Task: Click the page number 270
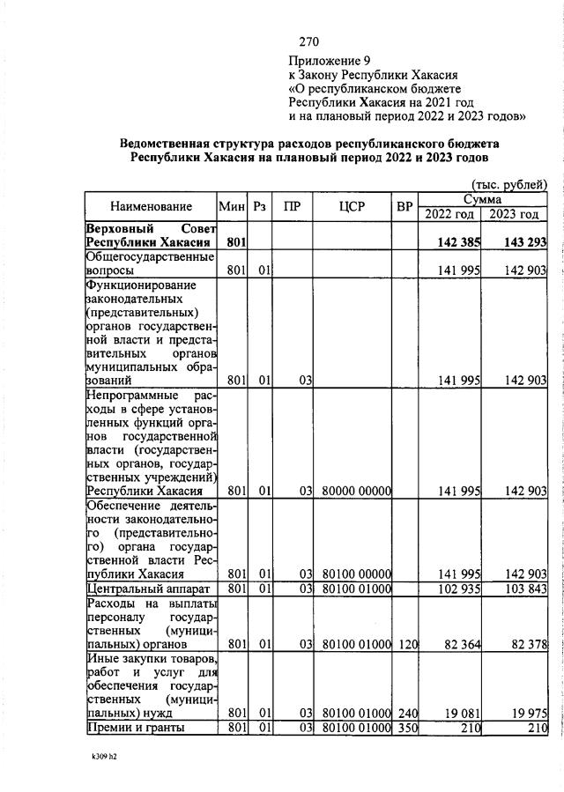(308, 41)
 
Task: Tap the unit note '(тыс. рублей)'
(510, 184)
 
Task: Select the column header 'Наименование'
(151, 206)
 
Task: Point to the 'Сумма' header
(482, 200)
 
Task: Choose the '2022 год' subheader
(449, 214)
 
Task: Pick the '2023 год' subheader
(515, 214)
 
